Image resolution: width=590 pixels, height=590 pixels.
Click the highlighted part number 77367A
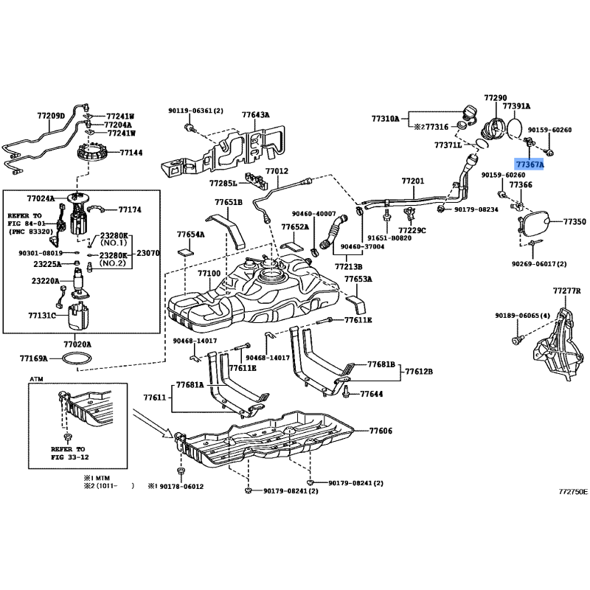pos(529,165)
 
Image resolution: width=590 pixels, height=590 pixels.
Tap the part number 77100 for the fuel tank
pos(209,273)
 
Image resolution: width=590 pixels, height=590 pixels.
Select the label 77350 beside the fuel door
pos(575,221)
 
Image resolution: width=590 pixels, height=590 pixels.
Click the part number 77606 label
pos(381,431)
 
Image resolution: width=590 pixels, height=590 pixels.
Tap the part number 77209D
pos(51,116)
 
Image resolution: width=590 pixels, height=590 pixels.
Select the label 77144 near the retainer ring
pos(131,153)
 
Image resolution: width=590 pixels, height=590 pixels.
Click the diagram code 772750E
pos(573,490)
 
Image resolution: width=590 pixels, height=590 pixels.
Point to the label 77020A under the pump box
pos(77,344)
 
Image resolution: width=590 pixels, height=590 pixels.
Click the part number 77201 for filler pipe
pos(413,181)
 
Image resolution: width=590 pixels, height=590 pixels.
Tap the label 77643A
pos(256,114)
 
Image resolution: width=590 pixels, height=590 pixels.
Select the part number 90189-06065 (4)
pos(523,316)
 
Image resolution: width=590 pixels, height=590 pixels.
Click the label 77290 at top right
pos(496,98)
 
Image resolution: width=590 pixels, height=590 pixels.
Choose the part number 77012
pos(277,171)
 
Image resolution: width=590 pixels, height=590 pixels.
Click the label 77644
pos(372,395)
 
